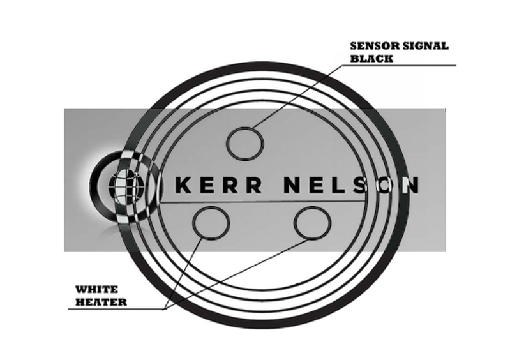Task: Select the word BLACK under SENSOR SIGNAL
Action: coord(371,58)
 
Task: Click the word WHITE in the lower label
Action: coord(93,289)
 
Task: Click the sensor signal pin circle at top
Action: coord(244,142)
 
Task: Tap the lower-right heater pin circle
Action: coord(312,221)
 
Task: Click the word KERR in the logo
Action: coord(218,185)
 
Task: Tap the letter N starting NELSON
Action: coord(291,185)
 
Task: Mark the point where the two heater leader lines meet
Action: coord(165,309)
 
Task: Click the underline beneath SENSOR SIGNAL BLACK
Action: coord(409,66)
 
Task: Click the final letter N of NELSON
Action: coord(412,185)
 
